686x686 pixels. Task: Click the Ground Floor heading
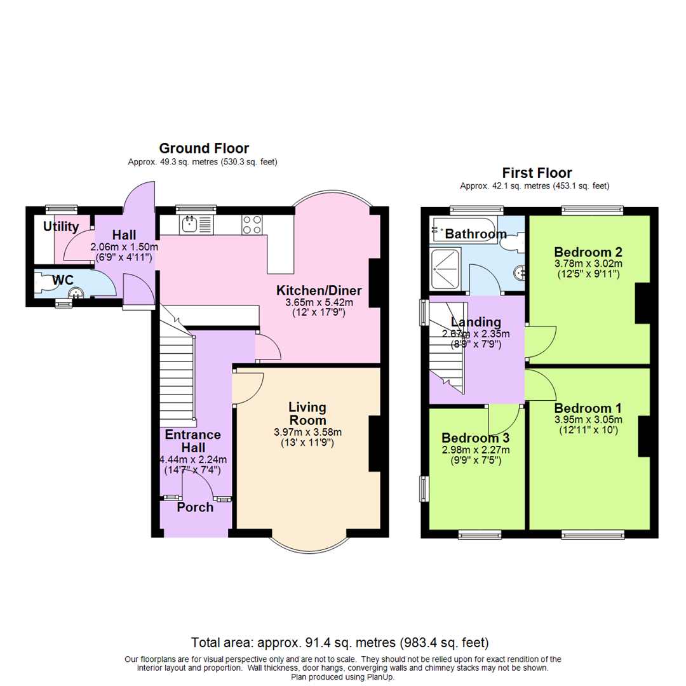[x=204, y=148]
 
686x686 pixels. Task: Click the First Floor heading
[x=537, y=173]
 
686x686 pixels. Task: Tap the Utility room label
[x=61, y=227]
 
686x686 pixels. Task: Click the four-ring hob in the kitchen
[x=252, y=224]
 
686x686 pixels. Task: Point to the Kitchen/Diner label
[x=319, y=290]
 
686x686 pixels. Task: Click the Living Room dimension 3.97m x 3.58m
[x=307, y=433]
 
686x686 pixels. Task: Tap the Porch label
[x=195, y=508]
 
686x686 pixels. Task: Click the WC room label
[x=63, y=281]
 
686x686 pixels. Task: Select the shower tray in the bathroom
[x=445, y=269]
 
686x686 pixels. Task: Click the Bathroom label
[x=476, y=234]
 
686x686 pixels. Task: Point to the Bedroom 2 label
[x=588, y=252]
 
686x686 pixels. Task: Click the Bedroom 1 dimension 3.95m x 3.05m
[x=588, y=420]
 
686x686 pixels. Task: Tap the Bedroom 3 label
[x=476, y=438]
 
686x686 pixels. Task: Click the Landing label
[x=476, y=323]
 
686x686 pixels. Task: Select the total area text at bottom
[x=340, y=643]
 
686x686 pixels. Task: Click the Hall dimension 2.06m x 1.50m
[x=124, y=246]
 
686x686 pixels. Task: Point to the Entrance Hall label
[x=193, y=441]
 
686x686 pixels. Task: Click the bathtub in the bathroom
[x=464, y=229]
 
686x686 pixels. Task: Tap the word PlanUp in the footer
[x=380, y=677]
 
